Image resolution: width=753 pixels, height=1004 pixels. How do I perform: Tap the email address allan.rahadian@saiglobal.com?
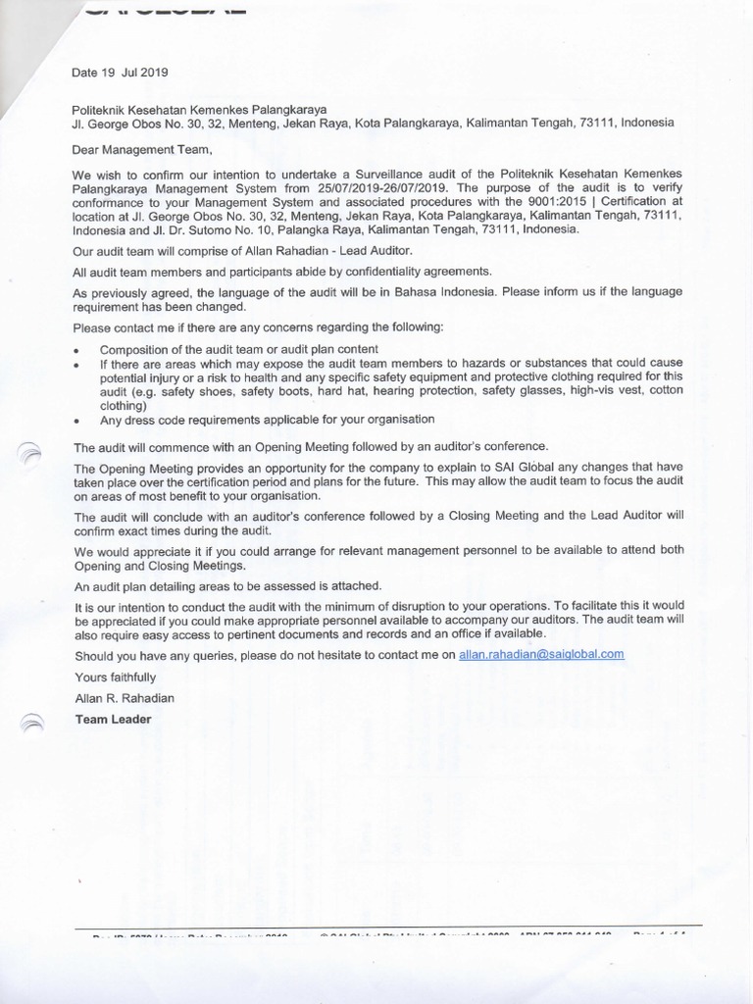pyautogui.click(x=541, y=654)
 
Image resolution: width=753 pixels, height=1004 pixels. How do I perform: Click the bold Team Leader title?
pyautogui.click(x=114, y=719)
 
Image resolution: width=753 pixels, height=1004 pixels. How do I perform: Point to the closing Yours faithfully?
pyautogui.click(x=116, y=677)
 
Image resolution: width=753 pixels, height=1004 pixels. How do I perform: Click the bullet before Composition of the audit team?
pyautogui.click(x=76, y=350)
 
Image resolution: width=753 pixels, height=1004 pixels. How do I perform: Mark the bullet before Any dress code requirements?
pyautogui.click(x=76, y=420)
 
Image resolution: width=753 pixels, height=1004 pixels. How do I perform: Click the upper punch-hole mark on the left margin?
pyautogui.click(x=32, y=452)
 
